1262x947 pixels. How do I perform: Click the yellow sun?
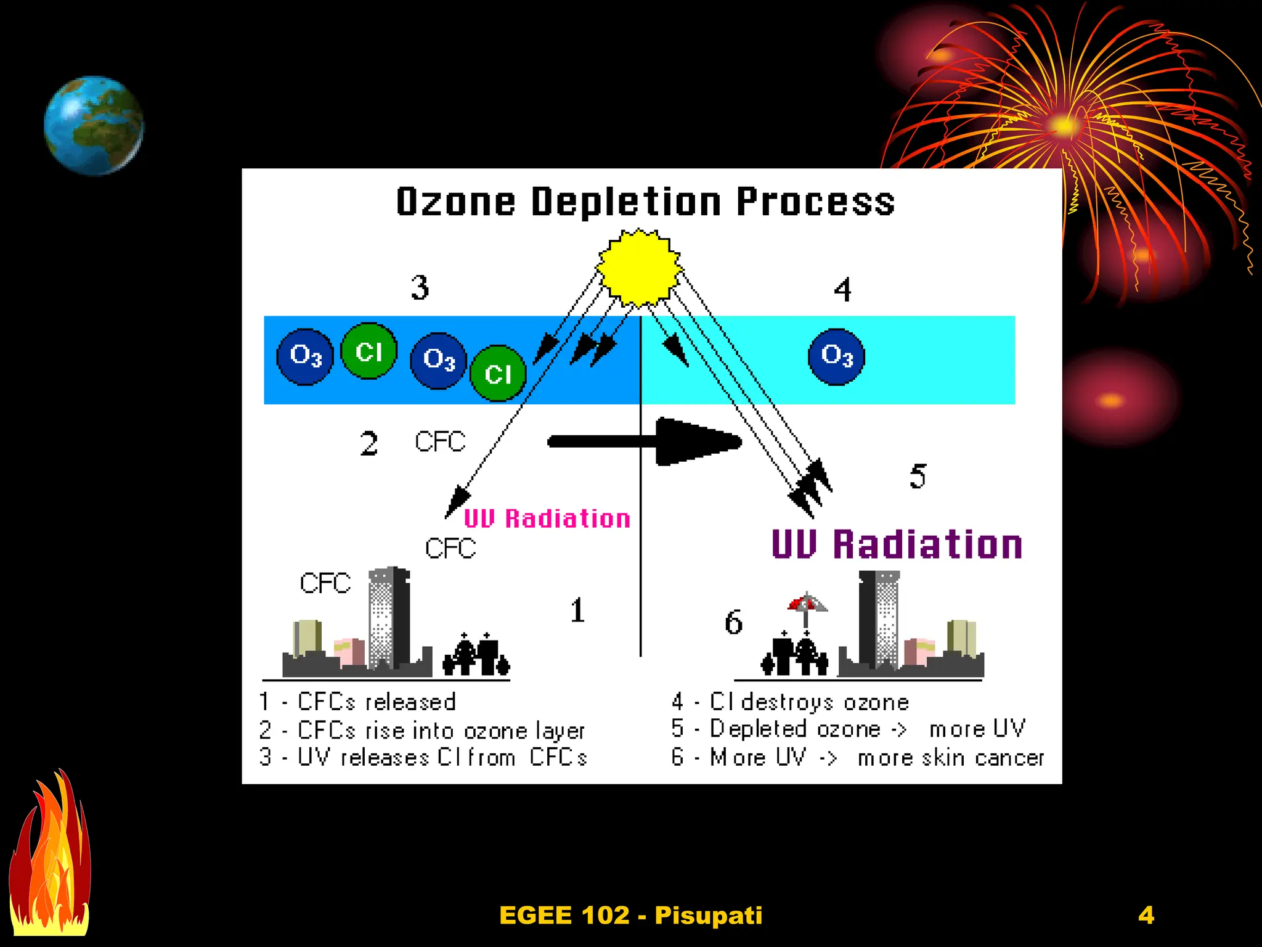pyautogui.click(x=639, y=267)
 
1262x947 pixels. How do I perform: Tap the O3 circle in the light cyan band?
pyautogui.click(x=836, y=356)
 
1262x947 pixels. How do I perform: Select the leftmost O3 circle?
pyautogui.click(x=305, y=356)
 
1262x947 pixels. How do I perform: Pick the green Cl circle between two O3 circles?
pyautogui.click(x=368, y=351)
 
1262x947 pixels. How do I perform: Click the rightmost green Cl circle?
pyautogui.click(x=498, y=373)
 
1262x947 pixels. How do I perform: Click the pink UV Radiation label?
pyautogui.click(x=547, y=519)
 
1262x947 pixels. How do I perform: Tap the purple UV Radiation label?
pyautogui.click(x=897, y=544)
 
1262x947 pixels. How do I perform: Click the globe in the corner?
pyautogui.click(x=94, y=125)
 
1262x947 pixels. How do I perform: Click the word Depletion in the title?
pyautogui.click(x=626, y=202)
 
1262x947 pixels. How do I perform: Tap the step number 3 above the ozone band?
pyautogui.click(x=420, y=287)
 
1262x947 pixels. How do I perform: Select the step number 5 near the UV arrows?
pyautogui.click(x=918, y=477)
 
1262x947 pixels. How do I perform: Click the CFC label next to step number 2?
pyautogui.click(x=440, y=441)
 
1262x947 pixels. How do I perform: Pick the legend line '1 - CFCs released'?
pyautogui.click(x=357, y=702)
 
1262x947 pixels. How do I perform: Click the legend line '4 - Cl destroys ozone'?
pyautogui.click(x=790, y=702)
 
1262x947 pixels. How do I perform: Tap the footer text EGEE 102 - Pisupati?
pyautogui.click(x=630, y=915)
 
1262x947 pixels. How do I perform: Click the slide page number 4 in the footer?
pyautogui.click(x=1146, y=915)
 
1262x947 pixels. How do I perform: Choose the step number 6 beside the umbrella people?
pyautogui.click(x=733, y=623)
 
